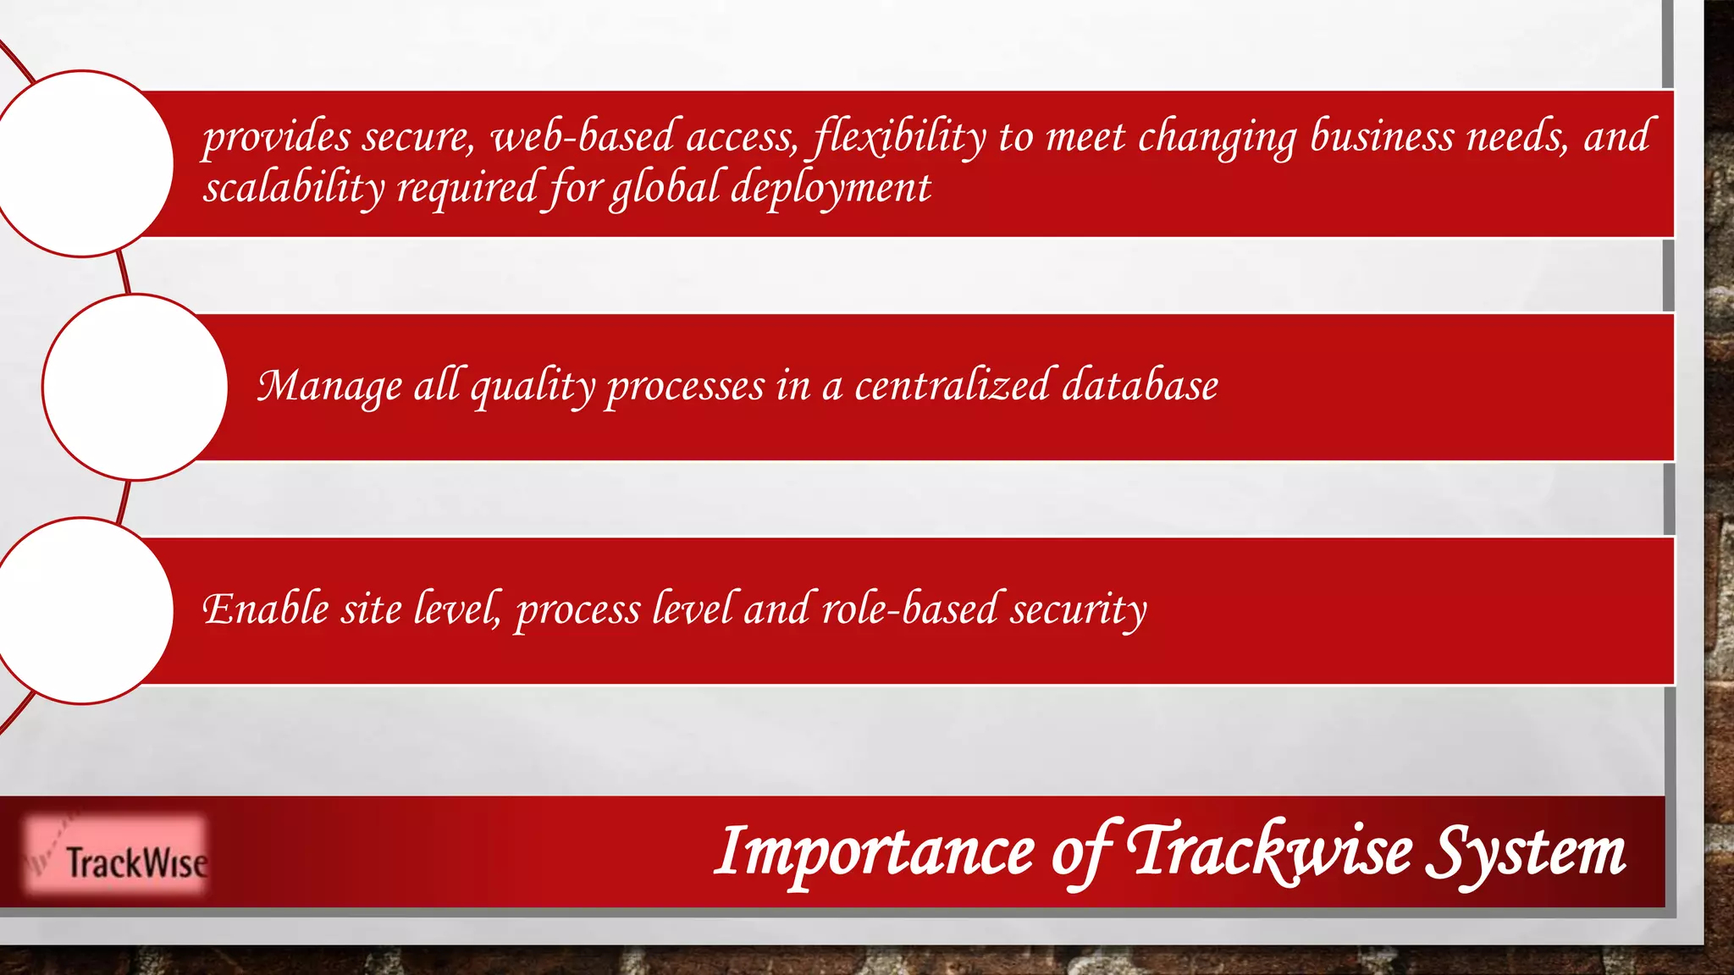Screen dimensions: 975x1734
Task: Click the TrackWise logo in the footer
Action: click(116, 856)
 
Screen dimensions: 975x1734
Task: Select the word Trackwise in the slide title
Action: click(1270, 851)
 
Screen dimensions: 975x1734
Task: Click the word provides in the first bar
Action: click(276, 137)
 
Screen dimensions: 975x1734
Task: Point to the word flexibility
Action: click(899, 137)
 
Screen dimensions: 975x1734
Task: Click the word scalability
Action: click(293, 188)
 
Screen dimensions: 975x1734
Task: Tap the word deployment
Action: click(830, 188)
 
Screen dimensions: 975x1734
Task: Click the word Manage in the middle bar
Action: click(330, 387)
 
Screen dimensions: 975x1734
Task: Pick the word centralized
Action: click(952, 386)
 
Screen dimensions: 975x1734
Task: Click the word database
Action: click(1140, 386)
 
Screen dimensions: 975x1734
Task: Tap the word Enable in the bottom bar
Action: click(266, 609)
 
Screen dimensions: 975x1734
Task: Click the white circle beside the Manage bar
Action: click(135, 387)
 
